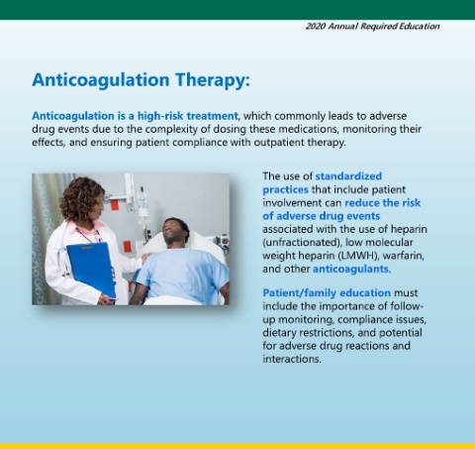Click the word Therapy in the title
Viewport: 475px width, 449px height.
click(x=212, y=80)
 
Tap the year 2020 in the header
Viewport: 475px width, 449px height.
click(x=316, y=26)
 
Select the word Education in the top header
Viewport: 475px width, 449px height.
click(x=420, y=26)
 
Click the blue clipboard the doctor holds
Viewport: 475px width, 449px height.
click(x=91, y=270)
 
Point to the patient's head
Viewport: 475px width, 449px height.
click(x=176, y=231)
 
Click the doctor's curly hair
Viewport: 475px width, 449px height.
click(x=82, y=198)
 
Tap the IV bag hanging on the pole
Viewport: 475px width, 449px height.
click(x=143, y=205)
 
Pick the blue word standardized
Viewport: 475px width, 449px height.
click(x=348, y=176)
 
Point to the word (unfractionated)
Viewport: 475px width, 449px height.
click(x=302, y=243)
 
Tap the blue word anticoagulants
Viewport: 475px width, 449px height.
click(x=350, y=269)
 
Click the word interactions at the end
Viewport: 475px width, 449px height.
click(x=292, y=359)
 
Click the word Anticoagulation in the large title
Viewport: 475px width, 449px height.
click(x=101, y=80)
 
